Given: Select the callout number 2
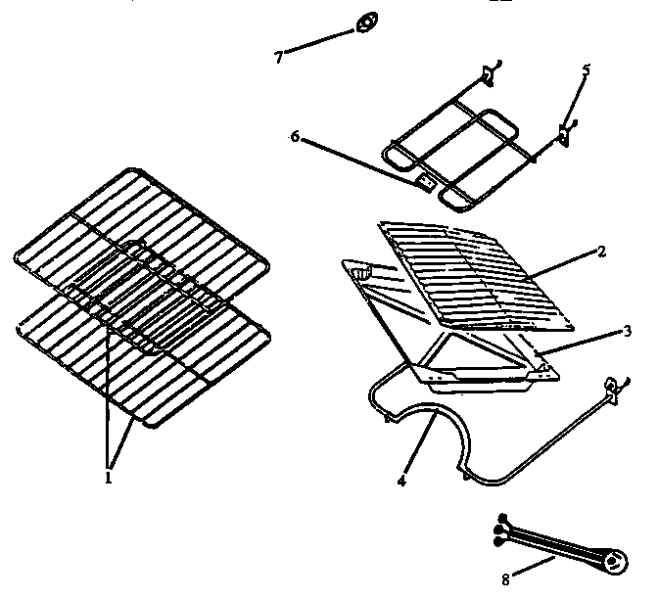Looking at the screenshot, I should [601, 252].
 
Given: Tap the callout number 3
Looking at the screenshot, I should [628, 331].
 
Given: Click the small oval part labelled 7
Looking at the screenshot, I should [367, 21].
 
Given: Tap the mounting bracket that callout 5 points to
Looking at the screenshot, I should [566, 132].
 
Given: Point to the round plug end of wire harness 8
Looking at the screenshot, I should [614, 560].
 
